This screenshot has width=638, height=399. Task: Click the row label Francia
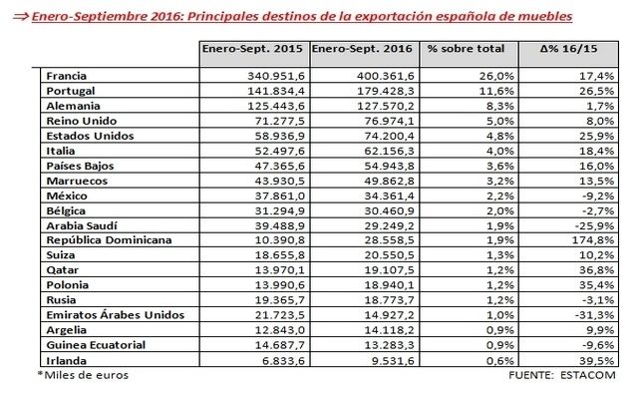coord(66,76)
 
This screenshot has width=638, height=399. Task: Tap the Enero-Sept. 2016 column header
coord(364,49)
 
